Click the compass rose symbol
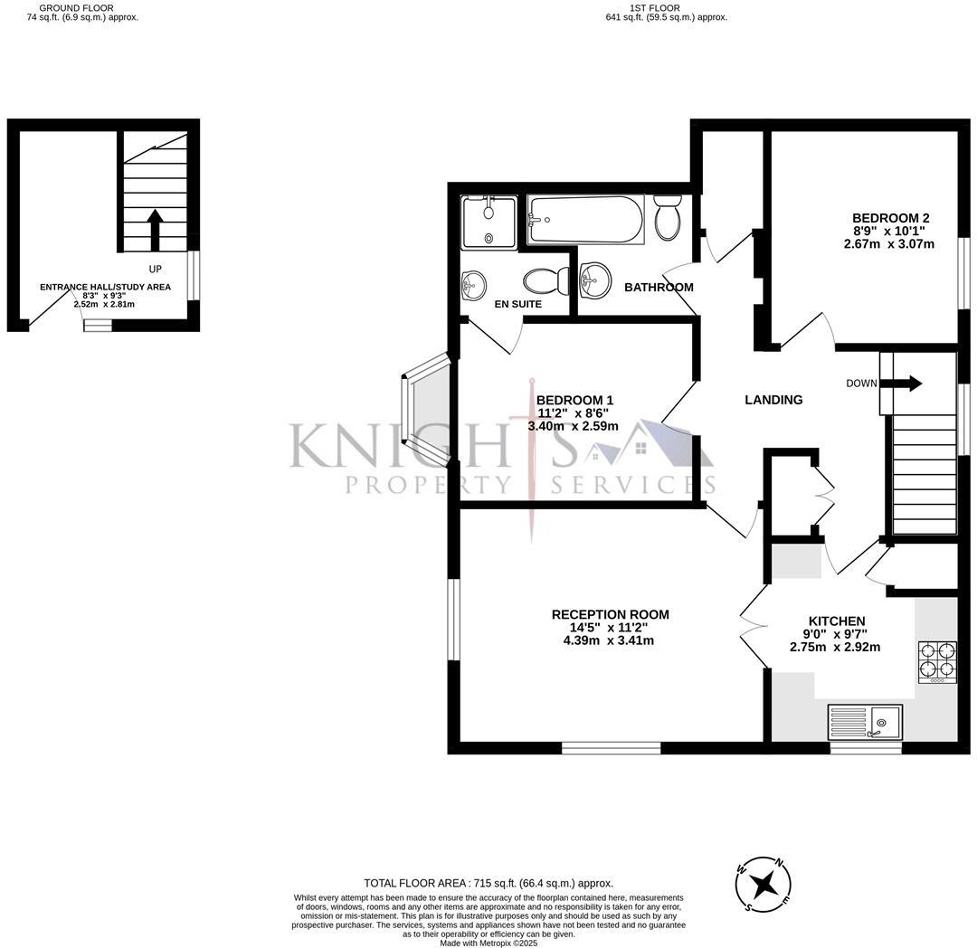pyautogui.click(x=765, y=883)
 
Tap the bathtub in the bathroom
pyautogui.click(x=586, y=220)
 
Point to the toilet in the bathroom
pyautogui.click(x=669, y=217)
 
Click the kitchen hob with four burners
pyautogui.click(x=937, y=660)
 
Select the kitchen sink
pyautogui.click(x=865, y=722)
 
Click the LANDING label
pyautogui.click(x=773, y=400)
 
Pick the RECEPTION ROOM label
pyautogui.click(x=611, y=615)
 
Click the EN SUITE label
pyautogui.click(x=518, y=305)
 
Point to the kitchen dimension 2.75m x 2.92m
pyautogui.click(x=835, y=647)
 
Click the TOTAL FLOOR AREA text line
pyautogui.click(x=488, y=883)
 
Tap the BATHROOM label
pyautogui.click(x=659, y=288)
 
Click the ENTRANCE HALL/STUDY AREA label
pyautogui.click(x=105, y=287)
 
